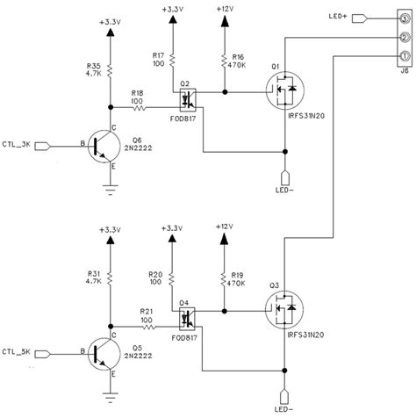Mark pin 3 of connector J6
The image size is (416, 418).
tap(403, 18)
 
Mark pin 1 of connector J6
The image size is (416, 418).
tap(403, 57)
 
